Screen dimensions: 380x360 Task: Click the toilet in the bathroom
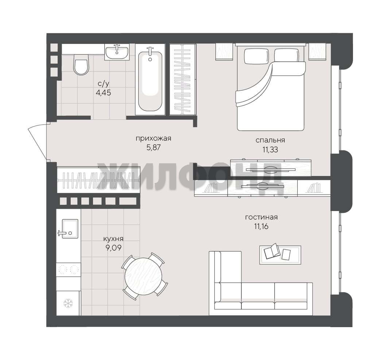(81, 64)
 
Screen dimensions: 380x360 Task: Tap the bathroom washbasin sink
(117, 52)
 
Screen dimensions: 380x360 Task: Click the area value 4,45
(104, 92)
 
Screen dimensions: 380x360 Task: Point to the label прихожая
(154, 138)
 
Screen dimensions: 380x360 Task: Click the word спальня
(270, 140)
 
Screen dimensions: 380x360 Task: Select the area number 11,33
(270, 149)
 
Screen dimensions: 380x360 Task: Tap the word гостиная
(261, 217)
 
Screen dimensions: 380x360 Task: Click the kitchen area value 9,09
(113, 248)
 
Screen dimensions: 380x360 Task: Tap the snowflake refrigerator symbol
(68, 303)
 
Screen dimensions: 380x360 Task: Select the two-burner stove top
(68, 269)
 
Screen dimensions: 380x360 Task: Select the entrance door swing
(37, 141)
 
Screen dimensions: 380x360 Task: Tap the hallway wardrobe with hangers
(98, 180)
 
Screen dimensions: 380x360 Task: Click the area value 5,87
(154, 148)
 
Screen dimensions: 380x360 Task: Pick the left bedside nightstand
(224, 51)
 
